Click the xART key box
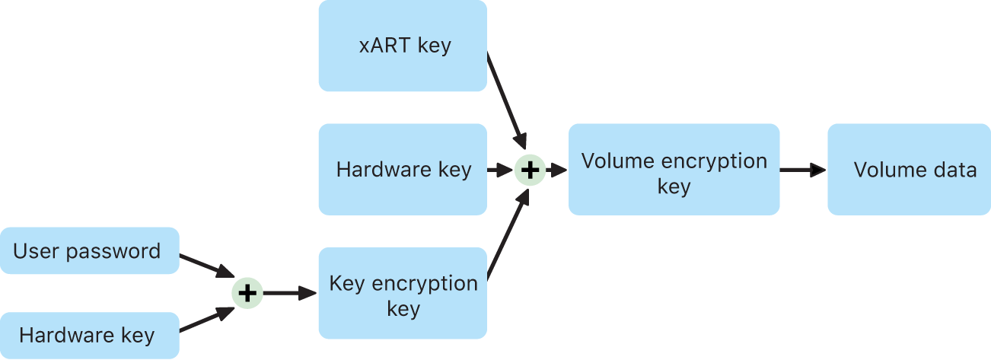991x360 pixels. (x=402, y=46)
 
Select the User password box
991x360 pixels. (x=89, y=250)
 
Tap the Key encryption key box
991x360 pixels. (x=402, y=293)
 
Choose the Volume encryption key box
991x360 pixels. (x=674, y=170)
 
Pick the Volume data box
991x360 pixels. (x=909, y=170)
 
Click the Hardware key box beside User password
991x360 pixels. (x=89, y=335)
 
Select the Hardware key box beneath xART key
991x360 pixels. (x=402, y=170)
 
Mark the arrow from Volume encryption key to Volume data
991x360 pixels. (x=803, y=170)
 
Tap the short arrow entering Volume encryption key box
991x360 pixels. (x=556, y=170)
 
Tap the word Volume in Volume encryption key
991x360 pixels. (x=615, y=161)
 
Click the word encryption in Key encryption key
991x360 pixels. (x=427, y=283)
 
